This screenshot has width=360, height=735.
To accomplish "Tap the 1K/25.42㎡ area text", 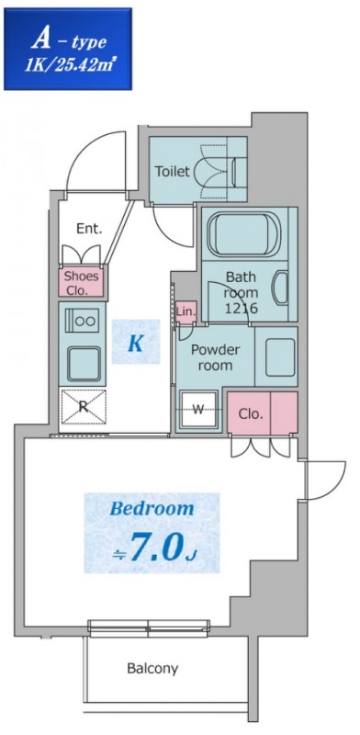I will click(69, 65).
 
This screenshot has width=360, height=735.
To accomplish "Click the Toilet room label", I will click(172, 171).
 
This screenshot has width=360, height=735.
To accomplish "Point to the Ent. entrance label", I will click(89, 228).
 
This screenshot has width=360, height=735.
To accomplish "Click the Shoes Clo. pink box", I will click(82, 281).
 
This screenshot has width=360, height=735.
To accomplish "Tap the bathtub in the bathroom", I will click(244, 234).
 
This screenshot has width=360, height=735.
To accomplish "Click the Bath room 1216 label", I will click(242, 292).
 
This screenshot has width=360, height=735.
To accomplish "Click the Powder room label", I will click(215, 357).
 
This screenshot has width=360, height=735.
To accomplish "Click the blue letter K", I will click(135, 345).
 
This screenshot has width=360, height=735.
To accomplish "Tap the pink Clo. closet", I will click(262, 413).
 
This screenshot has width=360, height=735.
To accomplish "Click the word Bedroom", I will click(152, 508).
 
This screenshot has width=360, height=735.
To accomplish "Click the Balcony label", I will click(152, 668).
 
